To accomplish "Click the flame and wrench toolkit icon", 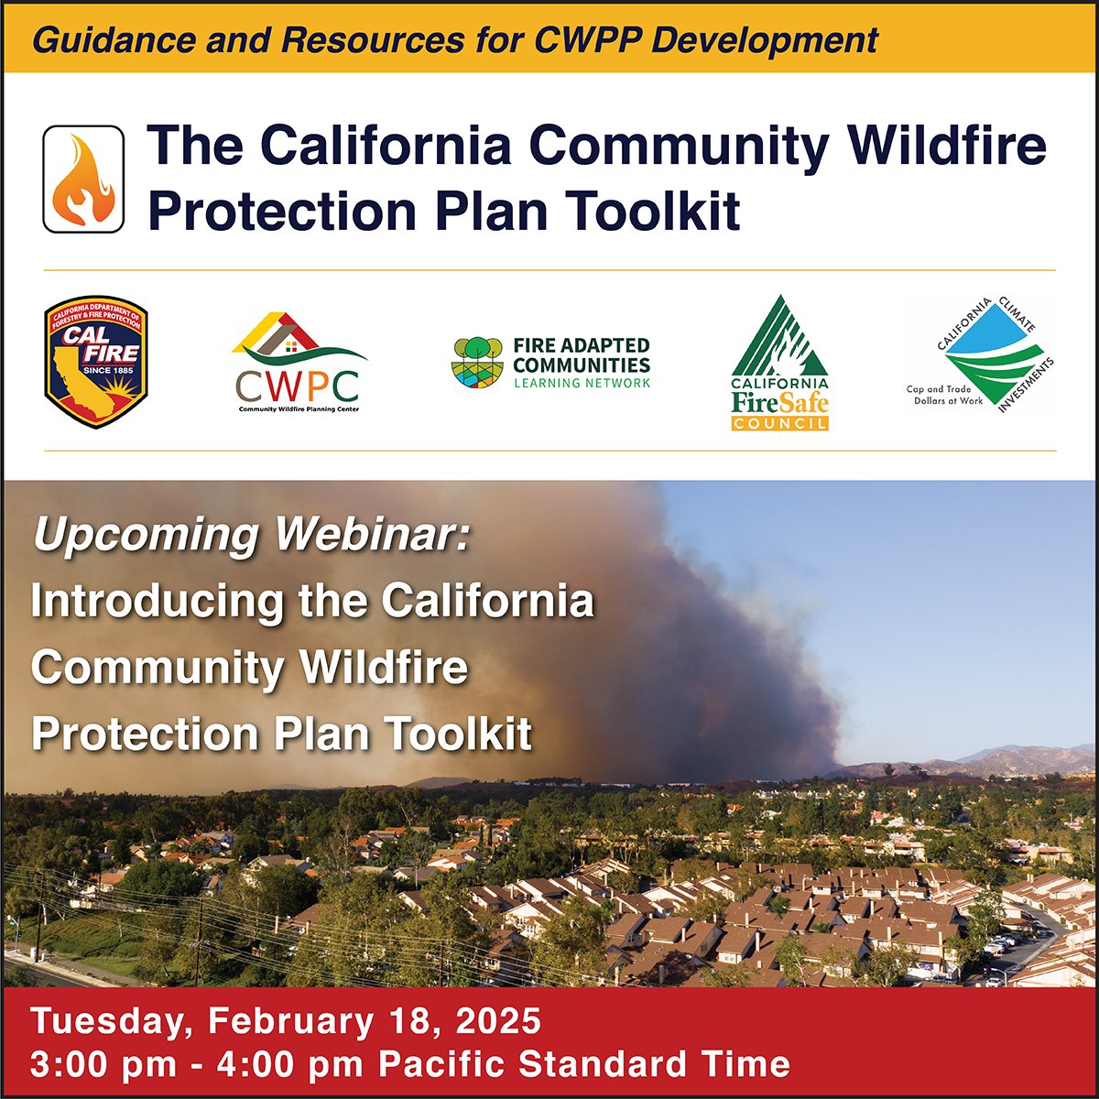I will [83, 179].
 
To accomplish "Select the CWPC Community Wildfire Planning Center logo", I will [299, 363].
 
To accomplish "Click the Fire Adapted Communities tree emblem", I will [478, 363].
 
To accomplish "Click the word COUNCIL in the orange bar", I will [779, 423].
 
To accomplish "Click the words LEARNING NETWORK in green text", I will [582, 384].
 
